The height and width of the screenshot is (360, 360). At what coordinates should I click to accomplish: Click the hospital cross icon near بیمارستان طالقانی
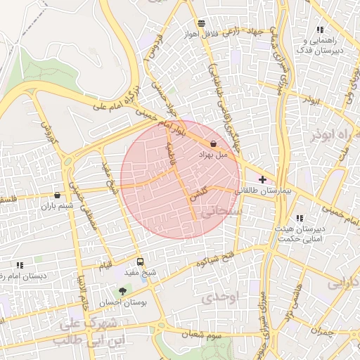263,180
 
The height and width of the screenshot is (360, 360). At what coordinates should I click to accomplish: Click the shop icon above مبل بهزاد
213,144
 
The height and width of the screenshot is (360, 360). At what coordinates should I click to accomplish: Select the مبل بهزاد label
213,154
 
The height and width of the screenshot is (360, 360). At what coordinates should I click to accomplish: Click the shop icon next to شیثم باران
57,195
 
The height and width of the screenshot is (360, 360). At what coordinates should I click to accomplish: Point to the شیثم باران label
57,206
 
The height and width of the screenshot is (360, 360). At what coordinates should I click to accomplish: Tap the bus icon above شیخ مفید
140,262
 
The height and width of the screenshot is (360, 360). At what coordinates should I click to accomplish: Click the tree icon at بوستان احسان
123,290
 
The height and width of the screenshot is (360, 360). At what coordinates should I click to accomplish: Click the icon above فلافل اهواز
201,22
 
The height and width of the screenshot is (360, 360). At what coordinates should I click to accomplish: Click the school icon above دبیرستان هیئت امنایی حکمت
300,218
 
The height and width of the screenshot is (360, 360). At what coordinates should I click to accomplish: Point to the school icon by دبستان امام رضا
19,265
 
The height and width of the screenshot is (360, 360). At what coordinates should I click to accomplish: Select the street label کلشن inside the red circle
199,194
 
